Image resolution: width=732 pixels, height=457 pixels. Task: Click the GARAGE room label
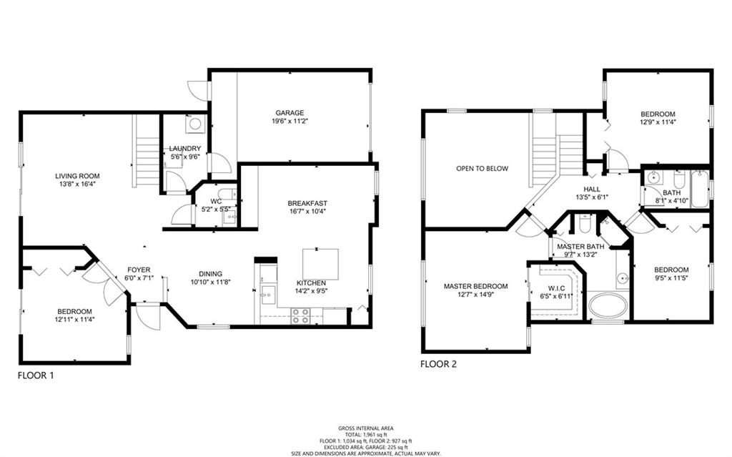pos(290,112)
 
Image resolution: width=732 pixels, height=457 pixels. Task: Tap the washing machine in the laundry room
pos(194,124)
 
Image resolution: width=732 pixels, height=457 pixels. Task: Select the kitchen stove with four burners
pos(301,316)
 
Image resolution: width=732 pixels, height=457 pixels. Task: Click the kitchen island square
pos(321,264)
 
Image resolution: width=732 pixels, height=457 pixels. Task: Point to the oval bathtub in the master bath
pos(608,306)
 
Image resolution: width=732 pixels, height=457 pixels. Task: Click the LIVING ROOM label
pos(77,176)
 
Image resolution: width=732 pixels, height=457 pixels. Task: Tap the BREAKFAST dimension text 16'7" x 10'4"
pos(307,211)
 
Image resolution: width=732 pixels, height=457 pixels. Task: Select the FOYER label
pos(139,270)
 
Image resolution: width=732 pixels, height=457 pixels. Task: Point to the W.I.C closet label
pos(555,288)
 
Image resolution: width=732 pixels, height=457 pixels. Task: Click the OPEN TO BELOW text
pos(483,169)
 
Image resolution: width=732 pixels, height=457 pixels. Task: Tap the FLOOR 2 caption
pos(438,364)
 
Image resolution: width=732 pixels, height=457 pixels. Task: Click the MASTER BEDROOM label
pos(475,287)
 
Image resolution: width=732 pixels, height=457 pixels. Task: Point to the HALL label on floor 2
pos(592,190)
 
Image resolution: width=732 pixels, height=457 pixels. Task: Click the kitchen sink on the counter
pos(269,295)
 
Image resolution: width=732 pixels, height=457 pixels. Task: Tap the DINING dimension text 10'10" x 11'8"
pos(211,282)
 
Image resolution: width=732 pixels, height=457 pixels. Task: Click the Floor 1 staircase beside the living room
pos(147,151)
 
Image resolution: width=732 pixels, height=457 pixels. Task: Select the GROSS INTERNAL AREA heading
pos(366,428)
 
